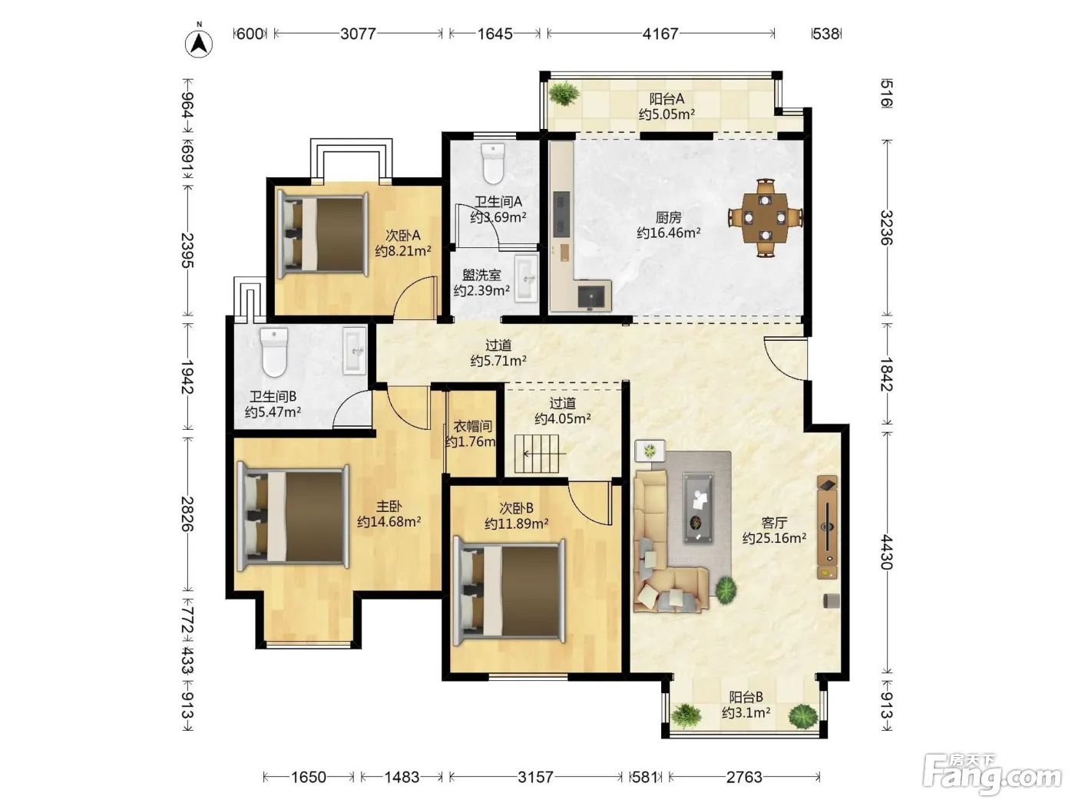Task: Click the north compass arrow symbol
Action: [x=198, y=44]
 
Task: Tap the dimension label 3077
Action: [x=358, y=34]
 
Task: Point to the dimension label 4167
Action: [x=660, y=34]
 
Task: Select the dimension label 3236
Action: [x=887, y=227]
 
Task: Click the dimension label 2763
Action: [x=744, y=777]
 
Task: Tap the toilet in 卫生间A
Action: [x=493, y=163]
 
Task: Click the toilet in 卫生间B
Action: [x=274, y=352]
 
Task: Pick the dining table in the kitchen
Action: [x=765, y=218]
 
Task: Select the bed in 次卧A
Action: [x=322, y=236]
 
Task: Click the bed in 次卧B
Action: [x=509, y=591]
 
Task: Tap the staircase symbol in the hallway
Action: [x=537, y=454]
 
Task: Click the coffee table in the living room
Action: [x=698, y=507]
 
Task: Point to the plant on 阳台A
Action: [x=564, y=93]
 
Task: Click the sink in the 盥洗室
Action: [x=527, y=278]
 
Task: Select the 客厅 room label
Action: [x=774, y=523]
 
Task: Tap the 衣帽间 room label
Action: [x=472, y=426]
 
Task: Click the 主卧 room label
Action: [x=389, y=506]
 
